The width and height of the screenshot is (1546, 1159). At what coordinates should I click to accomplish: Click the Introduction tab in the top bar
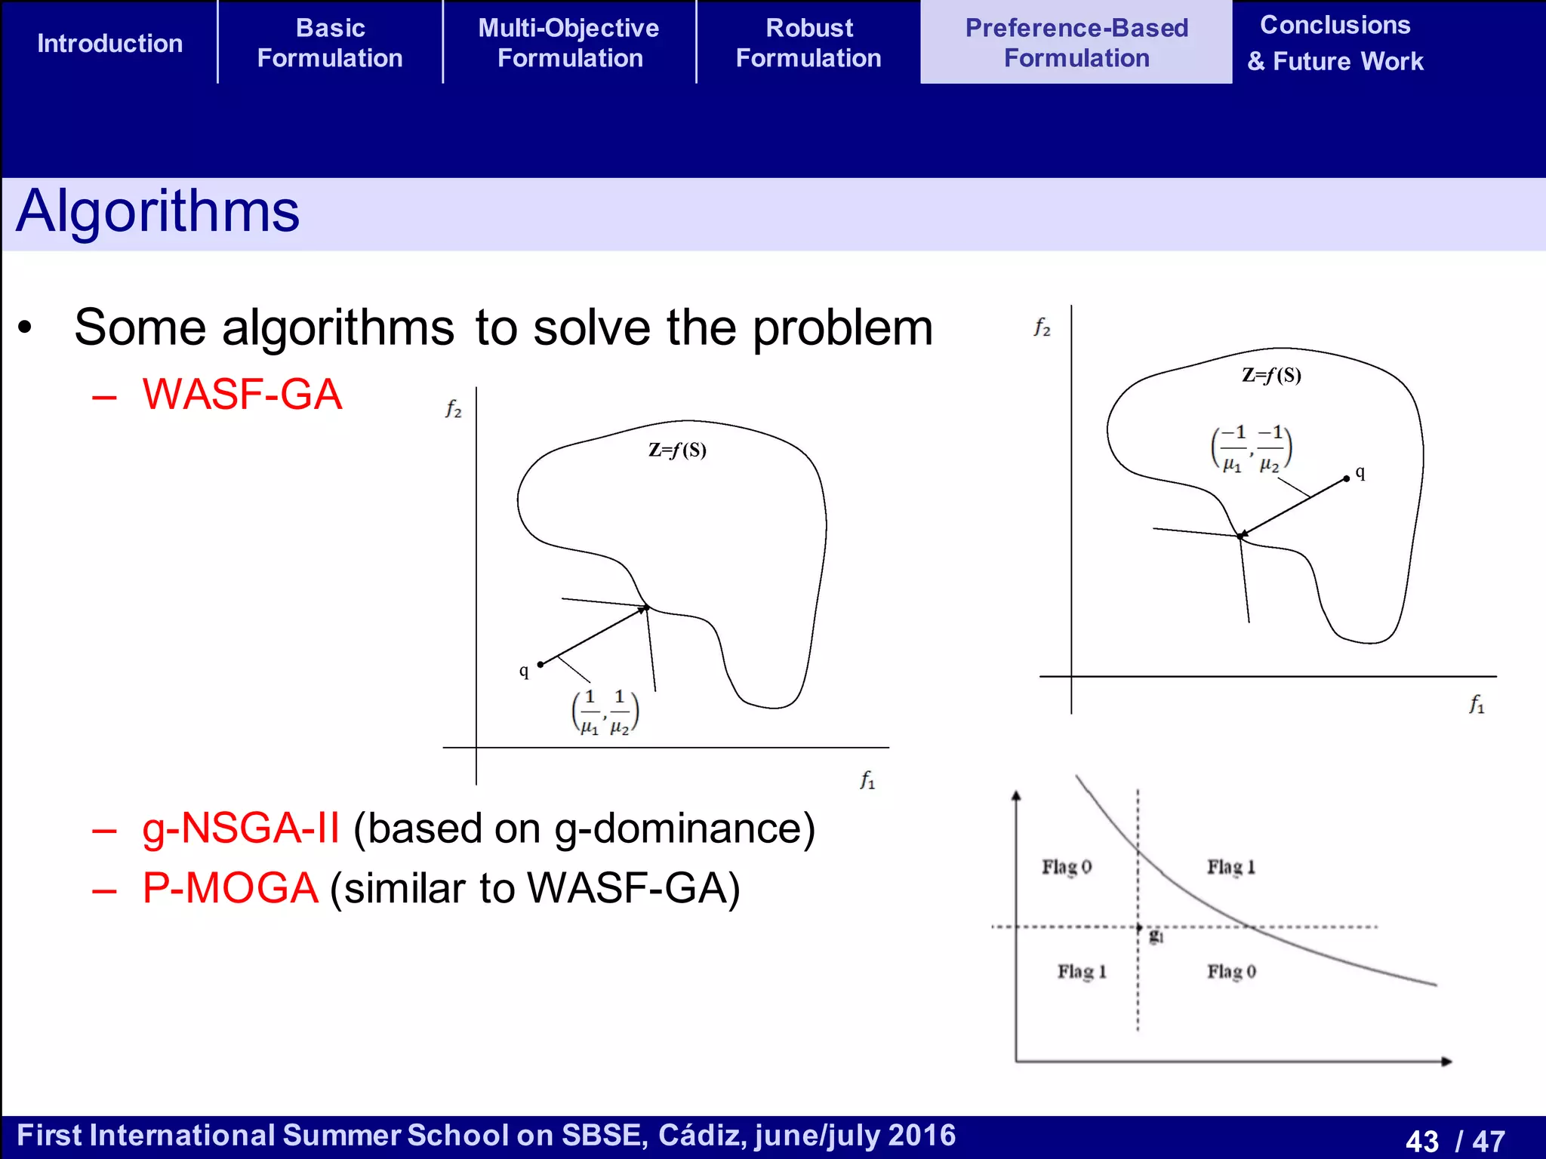tap(110, 43)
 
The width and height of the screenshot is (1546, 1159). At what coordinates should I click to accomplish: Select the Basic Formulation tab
tap(330, 43)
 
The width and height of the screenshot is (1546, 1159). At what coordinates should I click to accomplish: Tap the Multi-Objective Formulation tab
tap(569, 43)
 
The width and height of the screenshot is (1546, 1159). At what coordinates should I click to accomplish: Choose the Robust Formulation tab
tap(808, 43)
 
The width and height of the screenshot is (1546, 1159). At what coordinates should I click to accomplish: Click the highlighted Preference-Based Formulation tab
tap(1076, 43)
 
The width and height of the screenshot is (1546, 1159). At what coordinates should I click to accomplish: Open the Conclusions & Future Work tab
tap(1335, 43)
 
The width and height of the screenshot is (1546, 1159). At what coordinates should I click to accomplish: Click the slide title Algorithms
tap(158, 211)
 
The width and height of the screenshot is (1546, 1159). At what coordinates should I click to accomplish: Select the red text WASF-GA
tap(242, 395)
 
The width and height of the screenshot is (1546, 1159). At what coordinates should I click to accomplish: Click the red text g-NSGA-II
tap(241, 829)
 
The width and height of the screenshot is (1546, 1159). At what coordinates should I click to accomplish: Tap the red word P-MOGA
tap(230, 888)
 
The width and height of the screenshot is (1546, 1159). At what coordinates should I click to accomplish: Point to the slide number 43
tap(1422, 1140)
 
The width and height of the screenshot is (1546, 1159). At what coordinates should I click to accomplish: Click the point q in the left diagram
tap(540, 665)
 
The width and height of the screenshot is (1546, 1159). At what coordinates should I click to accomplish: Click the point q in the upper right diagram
tap(1347, 478)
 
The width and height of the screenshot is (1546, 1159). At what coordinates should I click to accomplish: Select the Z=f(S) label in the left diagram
tap(677, 450)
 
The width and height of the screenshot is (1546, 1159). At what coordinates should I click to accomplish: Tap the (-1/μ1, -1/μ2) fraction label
tap(1252, 449)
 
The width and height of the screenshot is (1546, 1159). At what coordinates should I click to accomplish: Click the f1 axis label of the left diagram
tap(867, 779)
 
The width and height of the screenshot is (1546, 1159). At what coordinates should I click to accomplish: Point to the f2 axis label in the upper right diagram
tap(1042, 327)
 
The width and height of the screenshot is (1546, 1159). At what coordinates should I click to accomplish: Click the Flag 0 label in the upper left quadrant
tap(1067, 867)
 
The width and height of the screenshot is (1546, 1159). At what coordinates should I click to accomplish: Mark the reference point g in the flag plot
tap(1140, 927)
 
